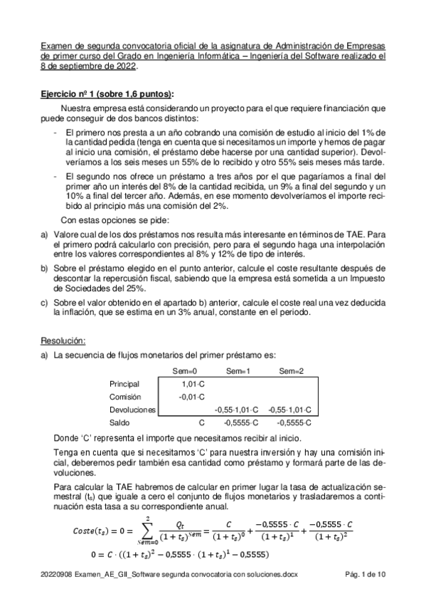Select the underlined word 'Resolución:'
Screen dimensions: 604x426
tap(63, 340)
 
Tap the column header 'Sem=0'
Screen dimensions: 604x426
tap(185, 371)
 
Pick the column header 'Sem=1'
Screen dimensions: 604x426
tap(238, 371)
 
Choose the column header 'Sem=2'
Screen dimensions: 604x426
tap(292, 371)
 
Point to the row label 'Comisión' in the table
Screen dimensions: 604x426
tap(126, 397)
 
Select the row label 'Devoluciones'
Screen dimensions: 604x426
tap(133, 410)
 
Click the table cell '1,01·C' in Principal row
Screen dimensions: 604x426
tap(193, 384)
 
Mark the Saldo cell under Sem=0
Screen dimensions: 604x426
tap(201, 423)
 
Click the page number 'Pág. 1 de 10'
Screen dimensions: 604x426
tap(361, 593)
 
